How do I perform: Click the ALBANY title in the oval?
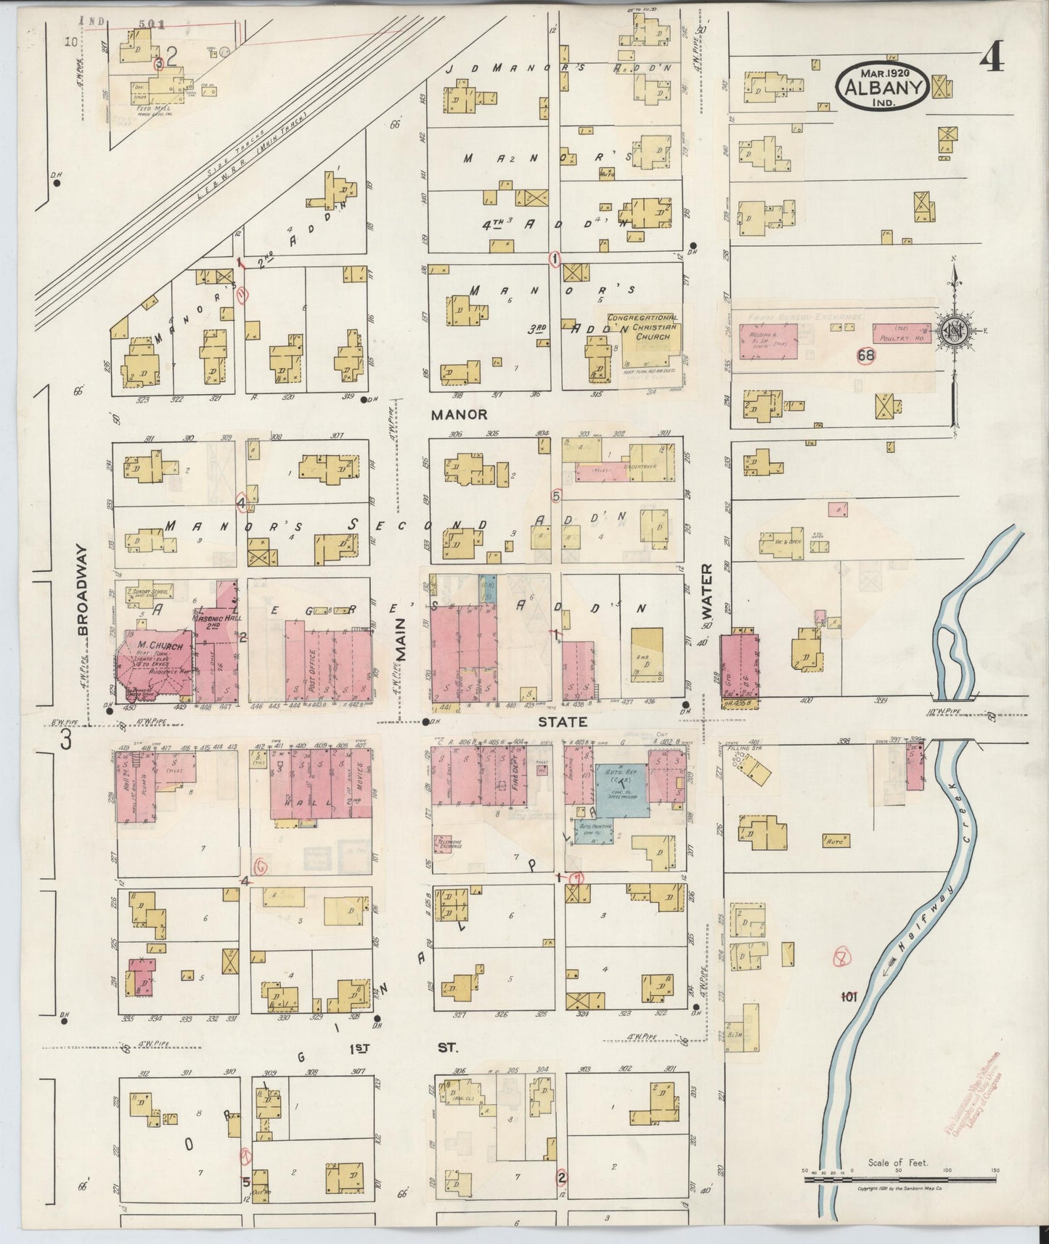click(x=883, y=89)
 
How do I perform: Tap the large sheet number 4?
click(x=992, y=58)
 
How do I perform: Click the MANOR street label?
click(x=459, y=415)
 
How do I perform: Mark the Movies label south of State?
click(x=359, y=780)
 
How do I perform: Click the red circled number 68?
click(x=865, y=355)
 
